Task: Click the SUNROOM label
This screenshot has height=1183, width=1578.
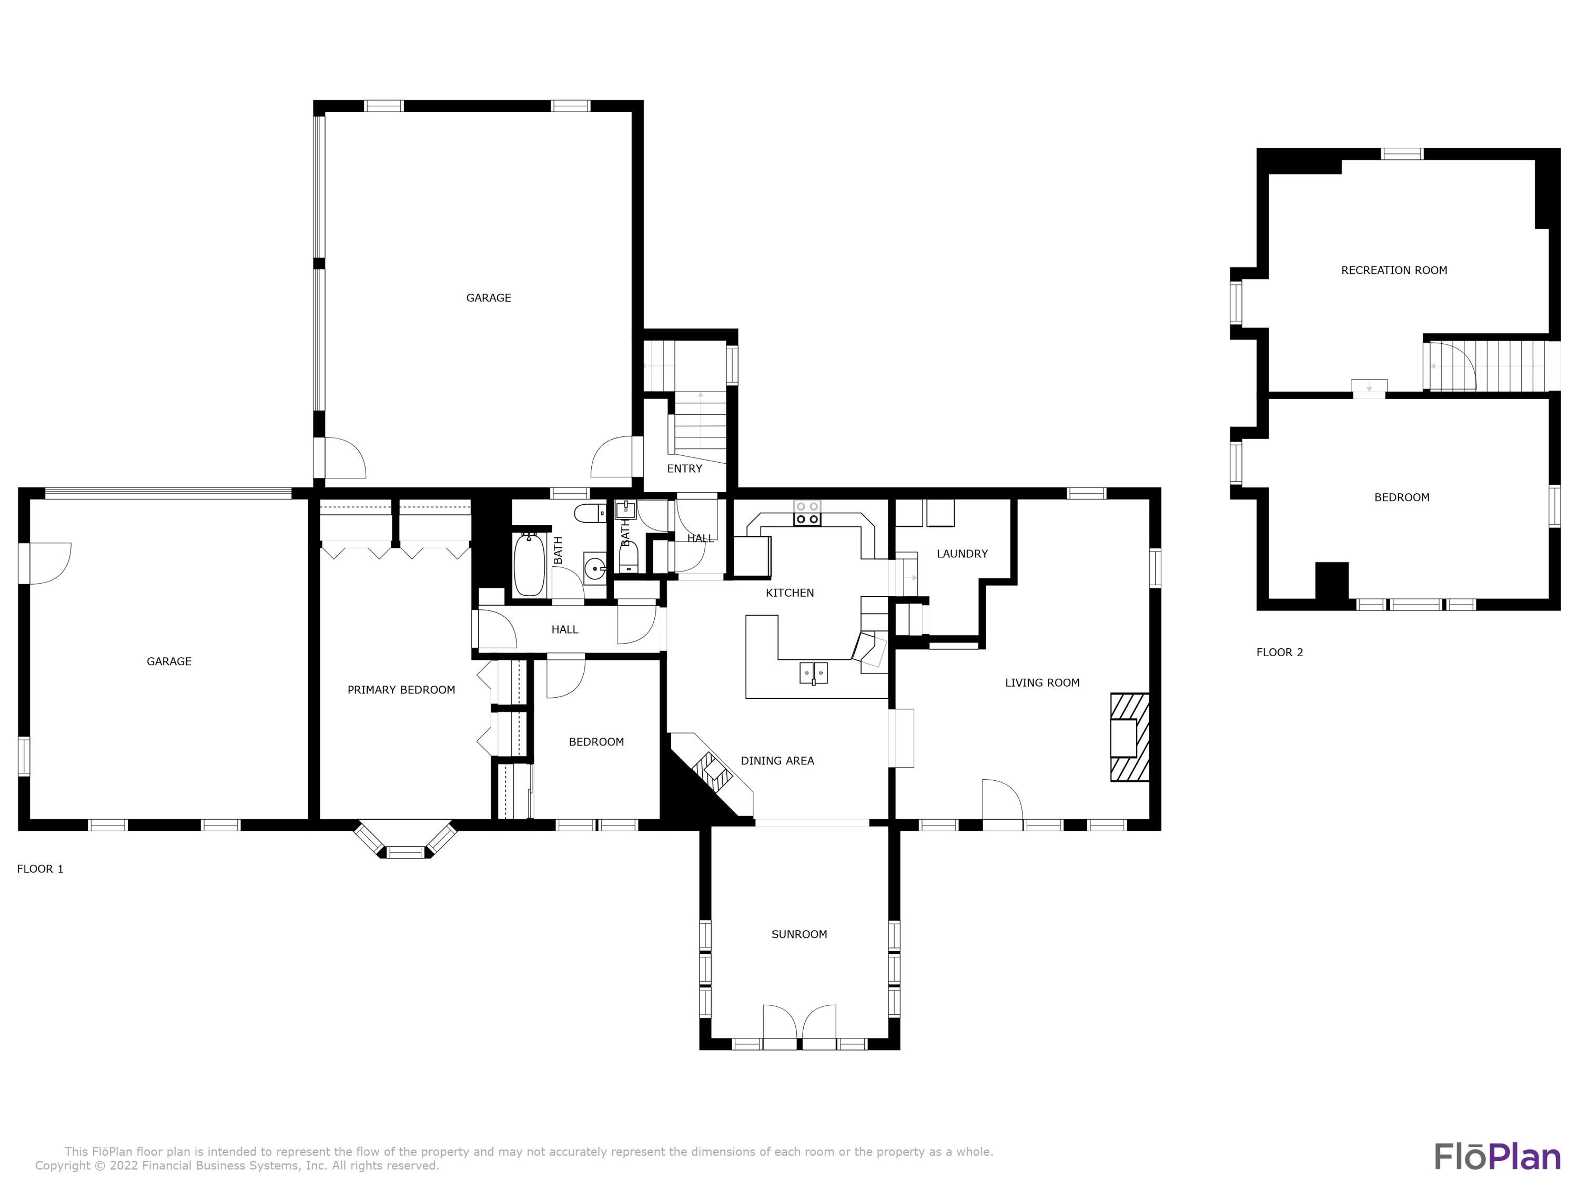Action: point(799,934)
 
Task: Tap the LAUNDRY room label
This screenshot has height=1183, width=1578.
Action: point(962,553)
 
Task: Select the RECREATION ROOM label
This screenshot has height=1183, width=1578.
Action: point(1393,270)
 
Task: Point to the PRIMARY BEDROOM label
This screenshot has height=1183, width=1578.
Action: point(401,689)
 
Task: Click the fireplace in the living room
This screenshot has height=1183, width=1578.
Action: point(1129,737)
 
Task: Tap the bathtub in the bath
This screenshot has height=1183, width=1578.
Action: point(529,565)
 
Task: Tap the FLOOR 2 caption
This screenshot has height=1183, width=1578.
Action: point(1279,652)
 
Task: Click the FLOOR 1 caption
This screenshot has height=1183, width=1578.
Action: point(40,869)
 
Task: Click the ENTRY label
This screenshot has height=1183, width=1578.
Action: point(684,468)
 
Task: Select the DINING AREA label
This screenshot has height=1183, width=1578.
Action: point(777,761)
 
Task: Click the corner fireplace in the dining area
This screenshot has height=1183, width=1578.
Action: point(713,774)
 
